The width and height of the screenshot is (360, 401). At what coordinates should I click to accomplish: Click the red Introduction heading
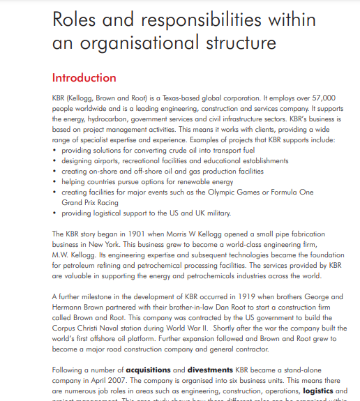(x=84, y=77)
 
